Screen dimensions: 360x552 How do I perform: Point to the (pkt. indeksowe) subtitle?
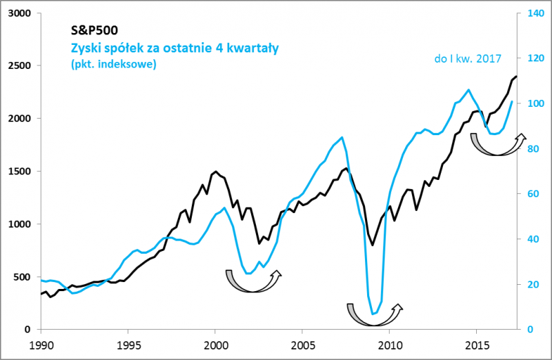coord(113,64)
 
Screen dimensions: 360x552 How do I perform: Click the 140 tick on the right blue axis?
coord(535,13)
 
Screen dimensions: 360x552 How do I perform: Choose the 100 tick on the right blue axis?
coord(535,103)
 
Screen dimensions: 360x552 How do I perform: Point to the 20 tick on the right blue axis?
coord(533,285)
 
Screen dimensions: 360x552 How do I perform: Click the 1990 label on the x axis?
coord(41,343)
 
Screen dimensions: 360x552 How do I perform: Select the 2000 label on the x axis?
coord(215,343)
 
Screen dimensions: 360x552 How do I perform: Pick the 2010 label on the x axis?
coord(389,343)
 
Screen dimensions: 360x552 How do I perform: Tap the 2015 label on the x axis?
coord(476,343)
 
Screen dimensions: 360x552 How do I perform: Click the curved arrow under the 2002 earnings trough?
coord(253,282)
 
